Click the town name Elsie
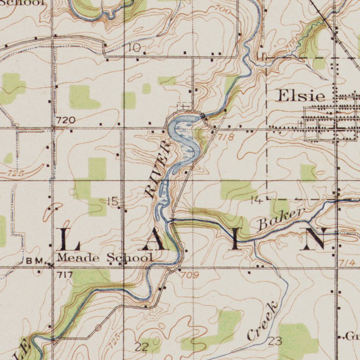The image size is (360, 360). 301,96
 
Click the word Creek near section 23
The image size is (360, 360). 262,322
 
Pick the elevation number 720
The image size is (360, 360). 66,120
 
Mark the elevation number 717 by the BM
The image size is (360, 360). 63,275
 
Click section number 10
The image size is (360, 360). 134,48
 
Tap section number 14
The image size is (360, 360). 256,201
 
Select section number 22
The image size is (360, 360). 141,347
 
